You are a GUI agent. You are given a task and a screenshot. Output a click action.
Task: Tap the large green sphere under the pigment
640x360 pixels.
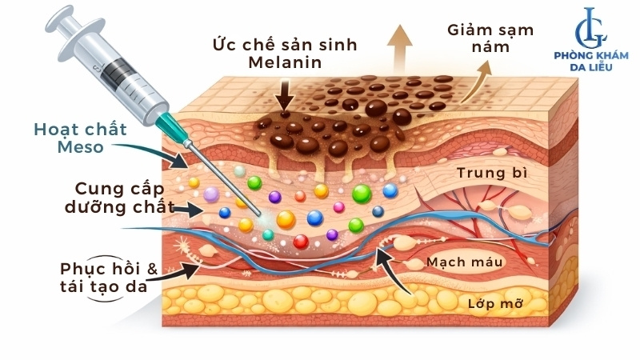[x=361, y=193]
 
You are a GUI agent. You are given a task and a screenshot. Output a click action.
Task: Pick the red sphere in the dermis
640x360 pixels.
[x=301, y=242]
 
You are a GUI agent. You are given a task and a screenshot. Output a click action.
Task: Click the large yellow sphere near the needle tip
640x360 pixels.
[x=286, y=219]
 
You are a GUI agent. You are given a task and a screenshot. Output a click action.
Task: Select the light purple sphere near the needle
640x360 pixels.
[x=211, y=194]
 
